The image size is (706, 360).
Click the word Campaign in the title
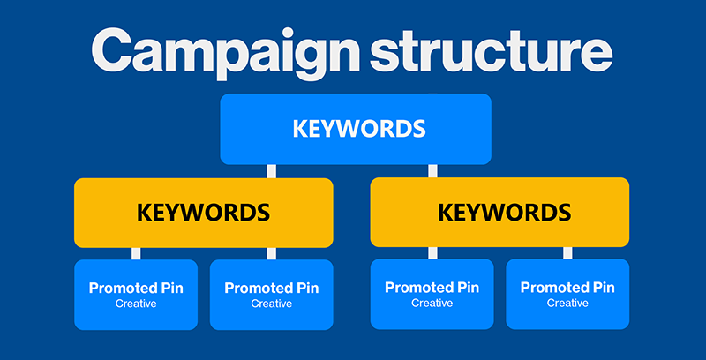click(x=225, y=53)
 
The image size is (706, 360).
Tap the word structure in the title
click(x=492, y=49)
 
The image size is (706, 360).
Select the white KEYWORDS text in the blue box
click(x=359, y=129)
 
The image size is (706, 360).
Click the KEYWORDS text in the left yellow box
click(x=204, y=213)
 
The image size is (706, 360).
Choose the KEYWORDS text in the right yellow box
click(x=504, y=213)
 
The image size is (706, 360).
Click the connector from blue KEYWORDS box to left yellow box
click(x=272, y=171)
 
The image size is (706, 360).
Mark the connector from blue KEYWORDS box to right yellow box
click(x=432, y=171)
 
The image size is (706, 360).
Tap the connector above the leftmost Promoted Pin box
click(x=136, y=253)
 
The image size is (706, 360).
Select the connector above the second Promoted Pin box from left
click(x=272, y=253)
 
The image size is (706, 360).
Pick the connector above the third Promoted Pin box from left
click(x=432, y=253)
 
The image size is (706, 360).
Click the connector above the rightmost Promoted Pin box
click(x=567, y=253)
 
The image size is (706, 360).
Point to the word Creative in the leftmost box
click(x=136, y=304)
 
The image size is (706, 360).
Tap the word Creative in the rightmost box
click(x=567, y=303)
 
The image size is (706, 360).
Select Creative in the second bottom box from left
click(x=272, y=304)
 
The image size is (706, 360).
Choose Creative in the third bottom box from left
click(x=432, y=303)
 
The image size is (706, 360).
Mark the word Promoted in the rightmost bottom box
click(x=548, y=288)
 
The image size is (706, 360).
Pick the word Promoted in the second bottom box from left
click(x=252, y=288)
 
